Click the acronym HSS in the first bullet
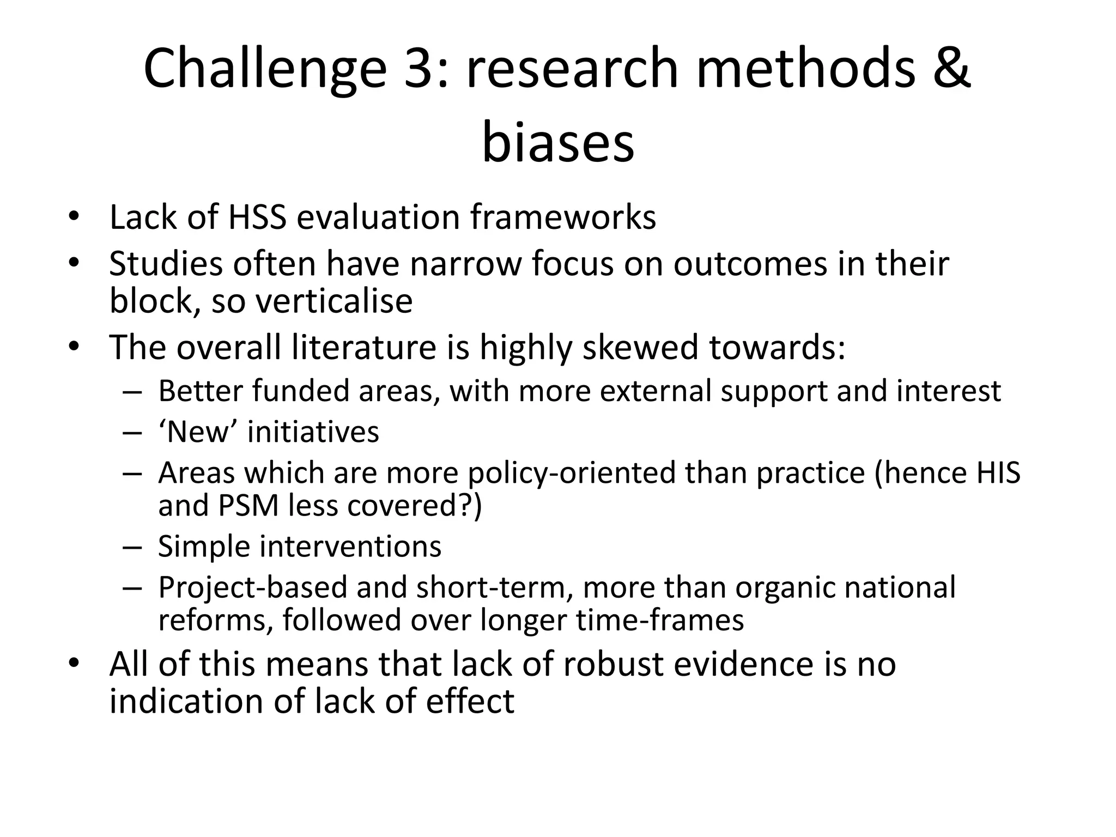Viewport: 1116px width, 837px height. coord(257,217)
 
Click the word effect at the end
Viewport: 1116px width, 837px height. coord(470,701)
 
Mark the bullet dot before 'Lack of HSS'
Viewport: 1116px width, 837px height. coord(74,217)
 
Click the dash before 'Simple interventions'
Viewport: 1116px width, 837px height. coord(132,546)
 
